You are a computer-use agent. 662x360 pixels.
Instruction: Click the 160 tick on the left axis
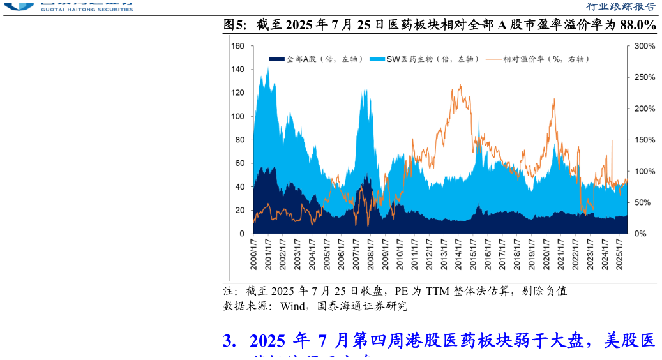(x=237, y=46)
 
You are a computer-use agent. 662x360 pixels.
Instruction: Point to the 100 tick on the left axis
(x=237, y=116)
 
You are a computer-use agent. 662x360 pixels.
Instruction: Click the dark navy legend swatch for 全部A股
(x=276, y=59)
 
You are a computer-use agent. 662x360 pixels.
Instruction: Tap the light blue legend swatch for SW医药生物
(x=377, y=59)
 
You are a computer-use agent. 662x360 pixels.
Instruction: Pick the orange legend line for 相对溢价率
(x=493, y=59)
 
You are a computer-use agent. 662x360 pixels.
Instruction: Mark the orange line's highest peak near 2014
(x=460, y=85)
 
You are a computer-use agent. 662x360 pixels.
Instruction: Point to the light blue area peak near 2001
(x=267, y=68)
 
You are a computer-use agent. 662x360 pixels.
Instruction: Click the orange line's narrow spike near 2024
(x=612, y=140)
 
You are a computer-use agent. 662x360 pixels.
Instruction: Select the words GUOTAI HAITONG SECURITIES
(x=87, y=9)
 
